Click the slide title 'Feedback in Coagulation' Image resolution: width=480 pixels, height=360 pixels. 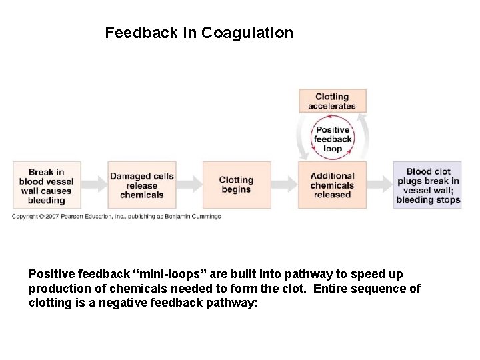[x=199, y=33]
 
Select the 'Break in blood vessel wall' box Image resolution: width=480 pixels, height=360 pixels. [x=47, y=185]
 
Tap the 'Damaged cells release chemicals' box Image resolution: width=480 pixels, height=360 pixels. [x=141, y=185]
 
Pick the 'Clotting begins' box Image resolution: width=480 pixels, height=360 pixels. [x=236, y=185]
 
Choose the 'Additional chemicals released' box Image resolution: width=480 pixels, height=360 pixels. [x=332, y=185]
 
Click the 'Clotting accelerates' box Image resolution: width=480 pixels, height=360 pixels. [x=332, y=101]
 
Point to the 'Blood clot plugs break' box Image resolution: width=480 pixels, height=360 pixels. [x=427, y=185]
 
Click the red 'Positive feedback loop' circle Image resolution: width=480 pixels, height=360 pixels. [x=333, y=139]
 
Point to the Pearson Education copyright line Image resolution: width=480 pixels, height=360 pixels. [x=117, y=216]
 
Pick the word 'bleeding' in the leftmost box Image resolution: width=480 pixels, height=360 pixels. [x=46, y=200]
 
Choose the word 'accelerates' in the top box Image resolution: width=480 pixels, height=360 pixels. [x=332, y=106]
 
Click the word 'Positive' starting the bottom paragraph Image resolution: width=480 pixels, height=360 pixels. [x=52, y=274]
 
